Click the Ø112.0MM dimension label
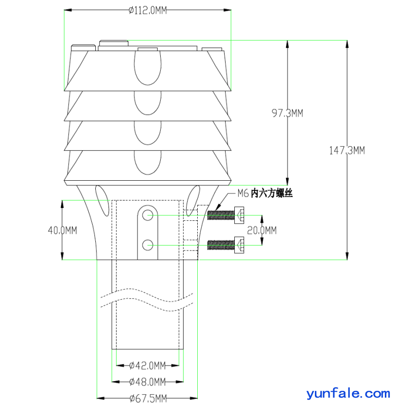[x=148, y=10]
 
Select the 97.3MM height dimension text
[x=287, y=113]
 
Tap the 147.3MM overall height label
[x=347, y=150]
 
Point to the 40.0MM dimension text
[x=62, y=230]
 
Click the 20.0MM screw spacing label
[x=262, y=230]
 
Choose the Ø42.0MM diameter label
[x=148, y=366]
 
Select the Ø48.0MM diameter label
[x=148, y=382]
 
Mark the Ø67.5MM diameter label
[x=148, y=398]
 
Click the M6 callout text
[x=243, y=193]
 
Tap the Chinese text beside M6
[x=272, y=193]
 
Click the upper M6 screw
[x=226, y=215]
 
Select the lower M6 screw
[x=226, y=245]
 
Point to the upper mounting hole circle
[x=148, y=215]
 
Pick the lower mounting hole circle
[x=148, y=245]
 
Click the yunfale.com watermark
[x=348, y=394]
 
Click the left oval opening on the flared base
[x=102, y=200]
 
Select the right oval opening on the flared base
[x=193, y=200]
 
